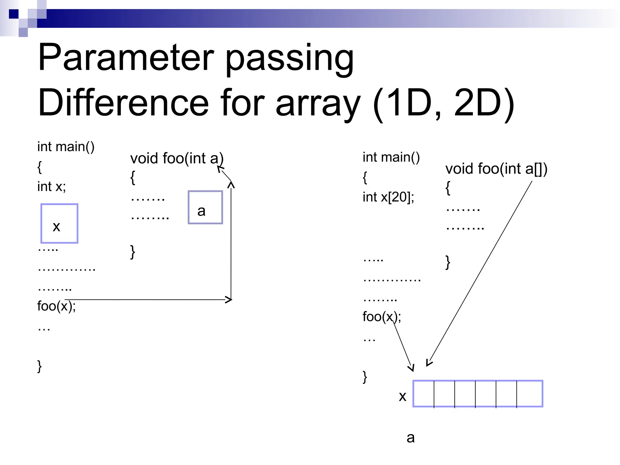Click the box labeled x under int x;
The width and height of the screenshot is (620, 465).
point(59,223)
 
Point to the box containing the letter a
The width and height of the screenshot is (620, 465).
point(205,207)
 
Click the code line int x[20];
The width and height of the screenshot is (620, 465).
point(388,197)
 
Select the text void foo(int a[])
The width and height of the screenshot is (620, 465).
point(496,169)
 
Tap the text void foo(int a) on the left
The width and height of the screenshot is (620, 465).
point(176,159)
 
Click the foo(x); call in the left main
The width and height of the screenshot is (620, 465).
point(56,306)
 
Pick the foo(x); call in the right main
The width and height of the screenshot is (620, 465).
point(381,317)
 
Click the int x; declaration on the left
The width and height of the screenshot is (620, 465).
point(51,186)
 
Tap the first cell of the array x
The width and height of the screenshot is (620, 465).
point(424,394)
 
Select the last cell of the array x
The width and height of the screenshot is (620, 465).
point(529,394)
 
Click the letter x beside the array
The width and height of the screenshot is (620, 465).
point(402,396)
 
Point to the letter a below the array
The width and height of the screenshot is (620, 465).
point(411,438)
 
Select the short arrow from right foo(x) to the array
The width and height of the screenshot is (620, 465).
point(402,345)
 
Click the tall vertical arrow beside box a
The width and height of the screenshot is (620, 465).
point(231,242)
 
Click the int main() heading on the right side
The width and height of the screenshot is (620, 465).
point(391,157)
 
